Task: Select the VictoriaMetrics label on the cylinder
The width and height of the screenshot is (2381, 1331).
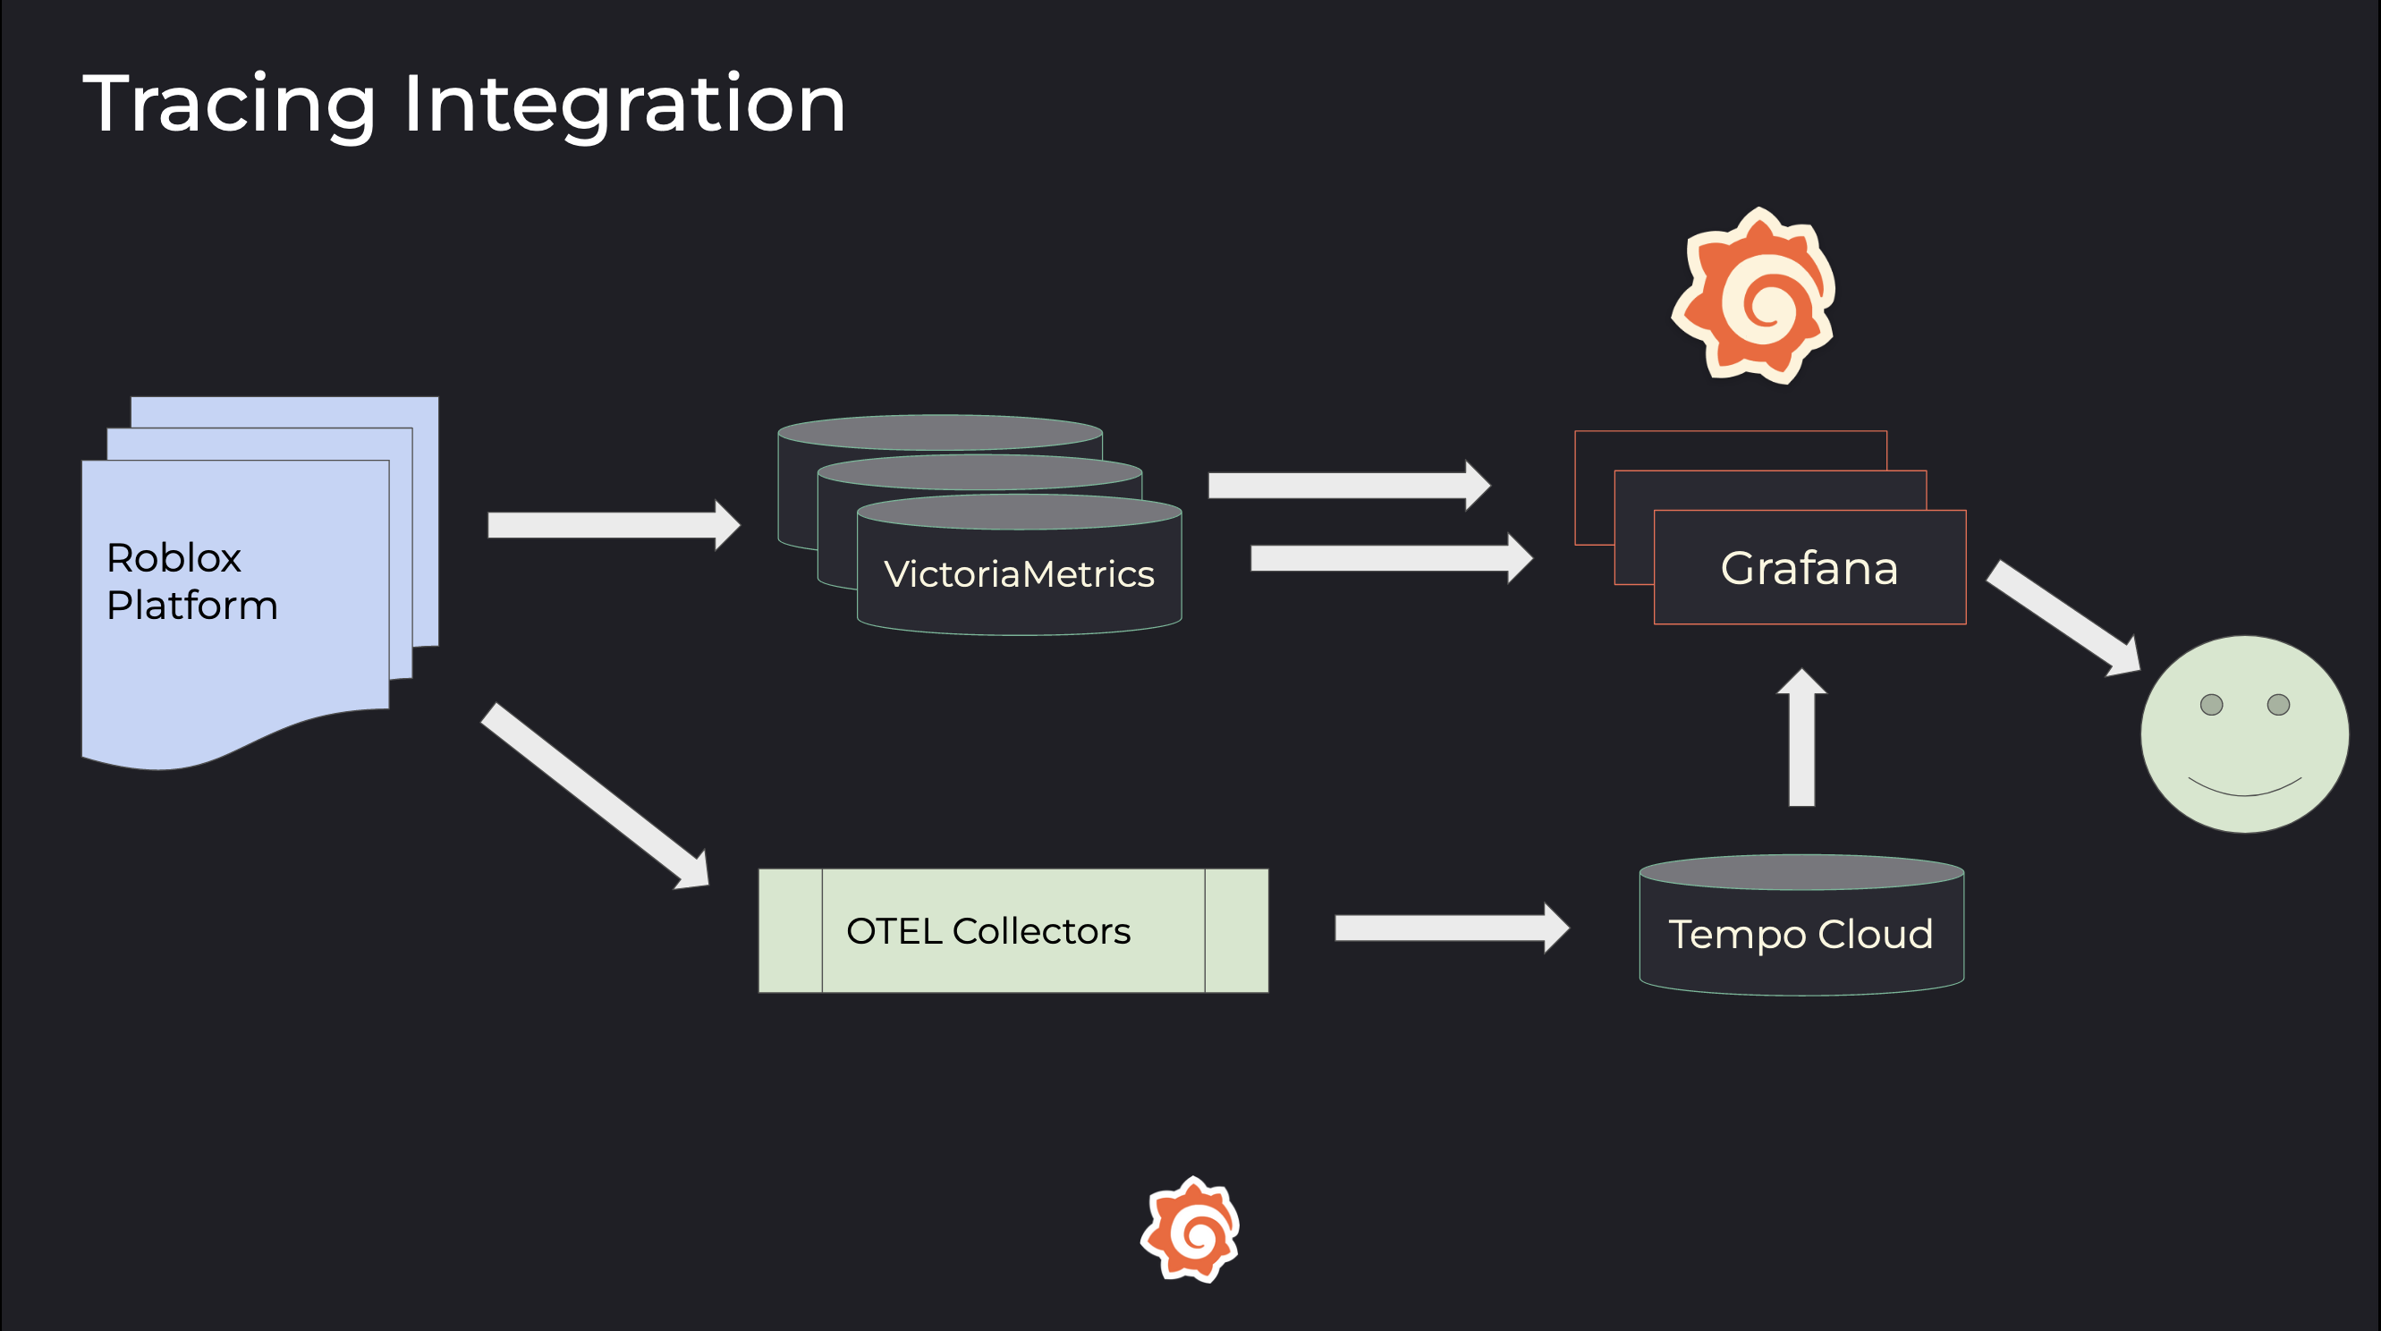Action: (1019, 574)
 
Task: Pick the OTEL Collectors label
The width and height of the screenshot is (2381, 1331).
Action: (988, 931)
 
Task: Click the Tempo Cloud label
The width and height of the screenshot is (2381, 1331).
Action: (1800, 934)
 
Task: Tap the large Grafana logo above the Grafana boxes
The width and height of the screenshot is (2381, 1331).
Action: (1754, 296)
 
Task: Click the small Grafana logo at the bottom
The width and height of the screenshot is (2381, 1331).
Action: (1190, 1229)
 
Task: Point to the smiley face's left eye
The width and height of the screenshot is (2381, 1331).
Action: (2211, 705)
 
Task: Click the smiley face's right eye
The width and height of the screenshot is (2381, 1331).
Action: (2278, 705)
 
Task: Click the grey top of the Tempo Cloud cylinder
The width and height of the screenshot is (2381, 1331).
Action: (1801, 871)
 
